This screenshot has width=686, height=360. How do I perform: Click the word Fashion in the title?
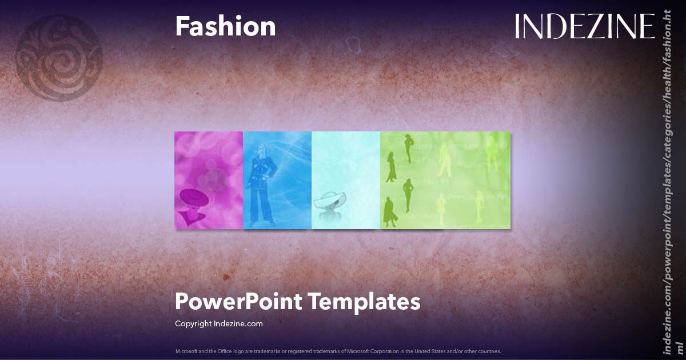click(225, 27)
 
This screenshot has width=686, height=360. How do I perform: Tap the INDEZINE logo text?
click(584, 27)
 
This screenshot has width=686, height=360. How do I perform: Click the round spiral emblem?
click(59, 58)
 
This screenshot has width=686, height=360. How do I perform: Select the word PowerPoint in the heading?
click(237, 301)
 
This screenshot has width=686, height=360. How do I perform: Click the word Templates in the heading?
click(365, 301)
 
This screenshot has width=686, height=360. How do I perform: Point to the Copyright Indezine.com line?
click(218, 323)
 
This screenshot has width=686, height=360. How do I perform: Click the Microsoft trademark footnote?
click(338, 351)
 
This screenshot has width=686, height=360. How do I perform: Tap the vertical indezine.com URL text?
click(668, 183)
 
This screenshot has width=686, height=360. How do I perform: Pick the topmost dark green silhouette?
click(408, 148)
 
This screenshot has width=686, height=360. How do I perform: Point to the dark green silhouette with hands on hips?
click(408, 194)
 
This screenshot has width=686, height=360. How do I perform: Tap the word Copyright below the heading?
click(193, 323)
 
